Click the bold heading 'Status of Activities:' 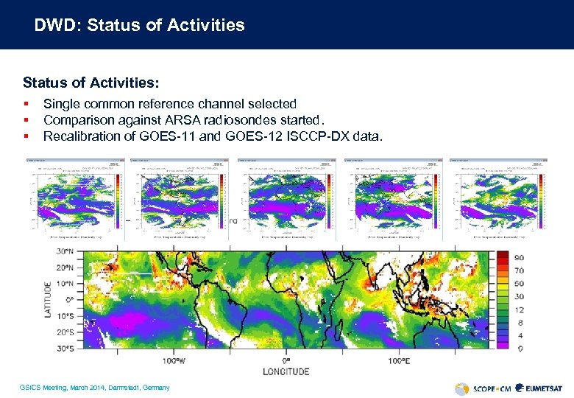pyautogui.click(x=91, y=81)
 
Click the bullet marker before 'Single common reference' pyautogui.click(x=26, y=104)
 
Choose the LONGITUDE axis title pyautogui.click(x=286, y=371)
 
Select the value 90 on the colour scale pyautogui.click(x=519, y=258)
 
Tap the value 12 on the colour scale pyautogui.click(x=519, y=310)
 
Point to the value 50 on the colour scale pyautogui.click(x=519, y=284)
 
